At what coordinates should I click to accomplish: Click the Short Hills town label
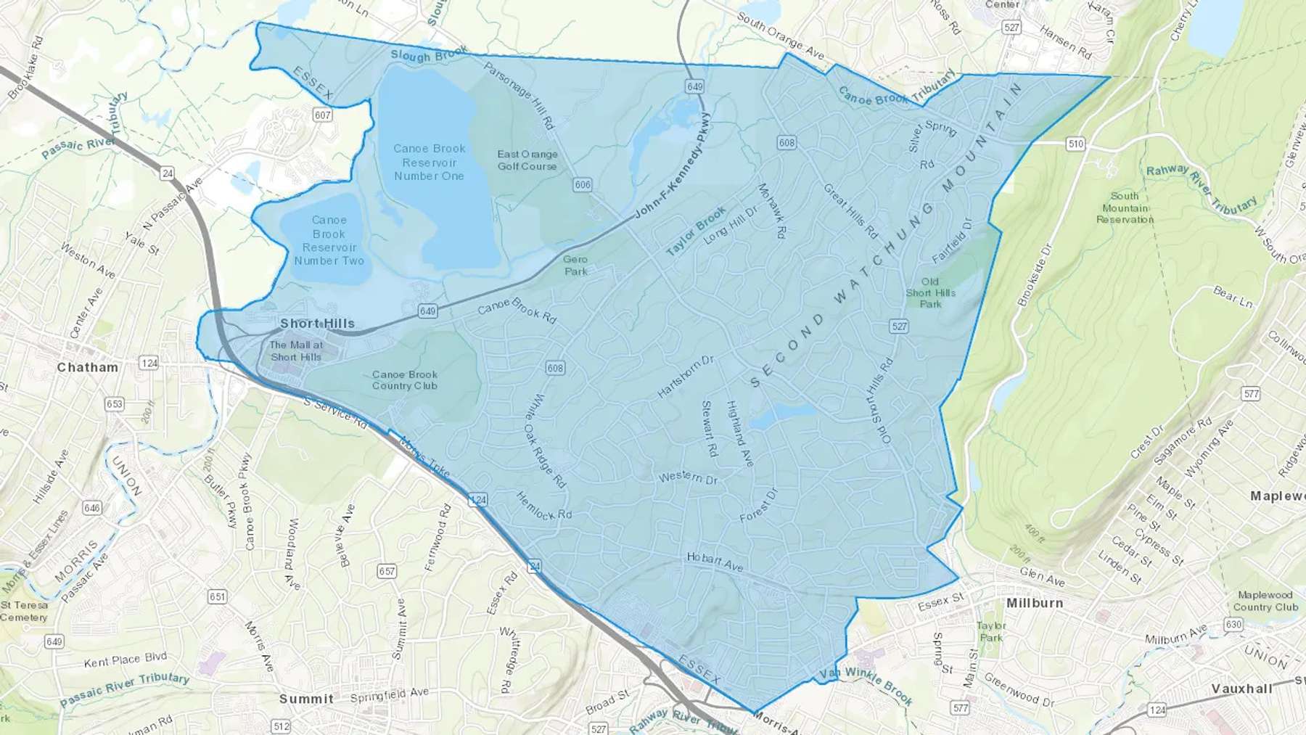[x=317, y=324]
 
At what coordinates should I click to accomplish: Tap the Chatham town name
[x=88, y=367]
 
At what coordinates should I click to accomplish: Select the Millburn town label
[x=1035, y=603]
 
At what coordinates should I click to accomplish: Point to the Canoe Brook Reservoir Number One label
[x=430, y=162]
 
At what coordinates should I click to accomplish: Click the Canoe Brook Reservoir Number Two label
[x=329, y=240]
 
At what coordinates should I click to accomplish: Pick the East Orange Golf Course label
[x=527, y=160]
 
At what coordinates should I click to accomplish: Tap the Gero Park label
[x=575, y=265]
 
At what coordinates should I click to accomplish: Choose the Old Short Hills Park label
[x=930, y=292]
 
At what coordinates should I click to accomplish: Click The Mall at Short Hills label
[x=296, y=350]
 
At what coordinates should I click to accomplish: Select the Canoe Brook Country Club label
[x=405, y=380]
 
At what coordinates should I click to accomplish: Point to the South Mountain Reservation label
[x=1125, y=208]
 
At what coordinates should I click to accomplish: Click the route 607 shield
[x=323, y=115]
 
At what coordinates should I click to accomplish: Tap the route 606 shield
[x=583, y=185]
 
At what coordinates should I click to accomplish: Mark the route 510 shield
[x=1076, y=144]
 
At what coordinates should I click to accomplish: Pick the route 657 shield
[x=387, y=571]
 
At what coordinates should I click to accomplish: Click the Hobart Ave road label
[x=715, y=562]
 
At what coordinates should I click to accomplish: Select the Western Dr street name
[x=688, y=477]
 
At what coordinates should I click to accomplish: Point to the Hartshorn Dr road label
[x=686, y=377]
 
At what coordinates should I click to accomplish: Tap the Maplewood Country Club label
[x=1265, y=601]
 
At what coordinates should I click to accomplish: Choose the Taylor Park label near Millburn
[x=991, y=631]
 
